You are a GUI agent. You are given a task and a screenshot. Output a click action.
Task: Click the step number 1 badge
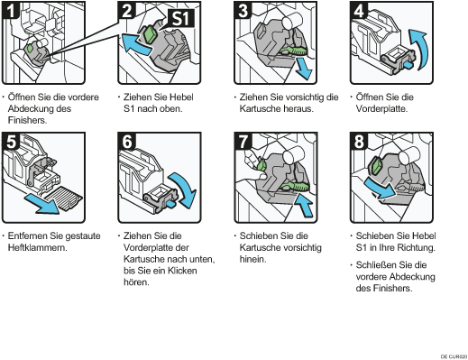[10, 10]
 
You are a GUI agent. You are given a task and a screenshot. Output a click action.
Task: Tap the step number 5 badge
[11, 142]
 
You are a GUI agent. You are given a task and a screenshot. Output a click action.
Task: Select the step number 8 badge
[359, 142]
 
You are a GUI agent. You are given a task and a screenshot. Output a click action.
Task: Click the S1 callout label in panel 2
[181, 19]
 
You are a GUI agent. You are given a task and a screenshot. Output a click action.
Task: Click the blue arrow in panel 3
[303, 69]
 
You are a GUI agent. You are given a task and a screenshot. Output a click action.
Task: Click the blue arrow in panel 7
[304, 205]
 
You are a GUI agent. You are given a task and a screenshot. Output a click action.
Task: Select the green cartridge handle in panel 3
[292, 51]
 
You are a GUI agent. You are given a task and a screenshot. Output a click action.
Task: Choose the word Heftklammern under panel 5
[37, 248]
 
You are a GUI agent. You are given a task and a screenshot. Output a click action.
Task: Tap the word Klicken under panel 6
[182, 271]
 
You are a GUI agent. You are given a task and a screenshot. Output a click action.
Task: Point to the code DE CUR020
[454, 356]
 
